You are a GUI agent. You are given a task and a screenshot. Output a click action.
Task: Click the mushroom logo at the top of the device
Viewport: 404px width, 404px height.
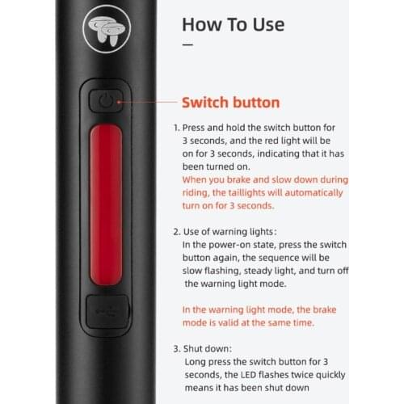107,28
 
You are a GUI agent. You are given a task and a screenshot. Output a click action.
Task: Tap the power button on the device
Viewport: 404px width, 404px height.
106,101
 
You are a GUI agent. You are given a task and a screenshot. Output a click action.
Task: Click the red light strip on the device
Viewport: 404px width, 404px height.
106,204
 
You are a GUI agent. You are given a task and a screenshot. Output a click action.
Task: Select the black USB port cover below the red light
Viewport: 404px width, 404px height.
107,312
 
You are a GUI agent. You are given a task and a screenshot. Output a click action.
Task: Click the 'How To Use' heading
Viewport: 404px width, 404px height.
234,24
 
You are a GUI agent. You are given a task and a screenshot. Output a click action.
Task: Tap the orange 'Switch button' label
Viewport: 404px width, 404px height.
231,103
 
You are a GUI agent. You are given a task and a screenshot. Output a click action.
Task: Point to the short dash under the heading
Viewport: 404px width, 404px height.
187,44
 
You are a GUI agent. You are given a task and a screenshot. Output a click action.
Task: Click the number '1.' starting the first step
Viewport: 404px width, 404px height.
176,128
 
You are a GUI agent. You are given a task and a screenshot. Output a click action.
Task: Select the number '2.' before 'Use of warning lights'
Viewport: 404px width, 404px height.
177,232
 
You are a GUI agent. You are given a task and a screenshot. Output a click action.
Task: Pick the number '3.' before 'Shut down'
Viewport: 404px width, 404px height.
177,349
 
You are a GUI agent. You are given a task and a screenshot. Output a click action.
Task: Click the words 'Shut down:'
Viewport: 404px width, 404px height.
208,349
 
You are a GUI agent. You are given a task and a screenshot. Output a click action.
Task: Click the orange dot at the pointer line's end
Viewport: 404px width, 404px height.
119,102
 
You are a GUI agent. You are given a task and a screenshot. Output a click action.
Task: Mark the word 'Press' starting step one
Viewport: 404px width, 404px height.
193,128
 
